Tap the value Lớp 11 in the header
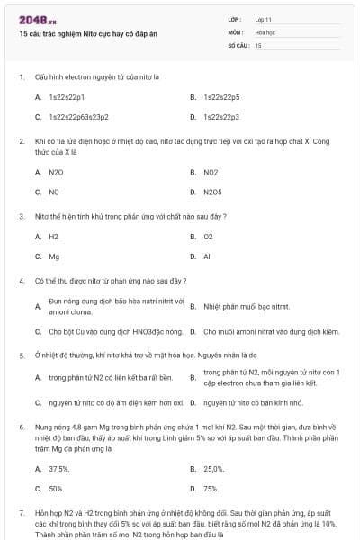pos(264,19)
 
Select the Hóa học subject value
pos(265,31)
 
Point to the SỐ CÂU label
pos(238,44)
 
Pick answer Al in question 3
pos(207,256)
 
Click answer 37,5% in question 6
pos(59,468)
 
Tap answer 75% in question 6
pos(211,489)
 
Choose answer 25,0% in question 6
pos(214,468)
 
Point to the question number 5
pos(21,355)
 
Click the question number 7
pos(21,511)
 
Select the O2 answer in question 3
pos(208,236)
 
